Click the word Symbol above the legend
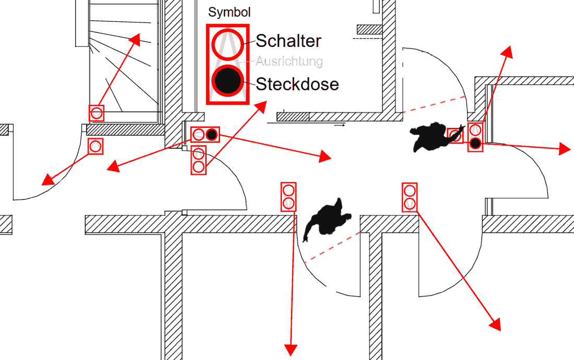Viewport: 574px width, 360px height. click(x=230, y=12)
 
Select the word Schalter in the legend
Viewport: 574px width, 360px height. click(x=289, y=41)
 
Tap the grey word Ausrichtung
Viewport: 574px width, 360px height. click(x=289, y=62)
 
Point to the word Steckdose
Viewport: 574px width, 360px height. click(x=297, y=84)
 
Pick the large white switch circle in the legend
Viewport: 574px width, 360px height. click(x=227, y=43)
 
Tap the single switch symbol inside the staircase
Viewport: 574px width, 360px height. click(x=97, y=113)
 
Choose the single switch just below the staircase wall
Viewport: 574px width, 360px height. click(x=95, y=146)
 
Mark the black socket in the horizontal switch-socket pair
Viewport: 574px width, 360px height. click(x=211, y=135)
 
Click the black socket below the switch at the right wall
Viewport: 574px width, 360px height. click(x=475, y=143)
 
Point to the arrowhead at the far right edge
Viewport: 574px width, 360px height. click(x=565, y=149)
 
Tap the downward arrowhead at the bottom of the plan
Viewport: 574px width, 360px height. click(x=290, y=350)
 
